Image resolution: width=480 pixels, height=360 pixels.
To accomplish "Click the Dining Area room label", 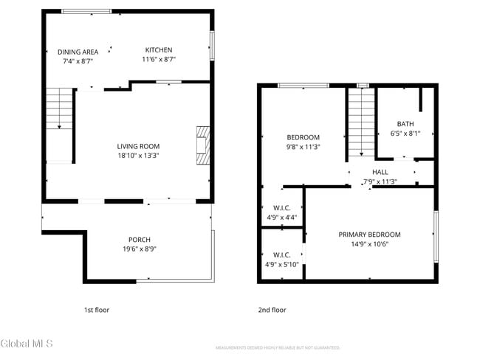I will [x=78, y=52].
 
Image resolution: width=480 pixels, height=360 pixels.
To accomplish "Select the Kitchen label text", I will [x=159, y=49].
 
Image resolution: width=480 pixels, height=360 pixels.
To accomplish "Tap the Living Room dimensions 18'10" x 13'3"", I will [x=138, y=156].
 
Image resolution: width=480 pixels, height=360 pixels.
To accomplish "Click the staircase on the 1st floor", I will [x=60, y=125].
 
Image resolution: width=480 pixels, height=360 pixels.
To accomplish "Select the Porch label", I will [x=140, y=239].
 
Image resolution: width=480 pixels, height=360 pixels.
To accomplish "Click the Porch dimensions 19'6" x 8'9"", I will [x=140, y=249].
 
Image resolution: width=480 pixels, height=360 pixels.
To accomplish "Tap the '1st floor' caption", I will [x=96, y=310].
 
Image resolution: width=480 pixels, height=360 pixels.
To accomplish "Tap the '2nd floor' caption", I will [x=272, y=310].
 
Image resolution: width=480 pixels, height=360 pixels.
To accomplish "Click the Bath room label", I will [x=405, y=124].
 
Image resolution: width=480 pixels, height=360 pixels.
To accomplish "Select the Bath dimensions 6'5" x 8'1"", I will [x=405, y=134].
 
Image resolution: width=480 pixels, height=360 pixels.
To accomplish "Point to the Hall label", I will [x=380, y=172].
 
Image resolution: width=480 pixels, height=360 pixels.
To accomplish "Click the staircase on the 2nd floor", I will [x=361, y=122].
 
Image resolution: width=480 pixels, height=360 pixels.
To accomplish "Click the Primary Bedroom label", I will [x=369, y=235].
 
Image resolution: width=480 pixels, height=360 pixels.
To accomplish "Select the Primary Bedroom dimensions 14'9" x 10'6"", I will [x=369, y=244].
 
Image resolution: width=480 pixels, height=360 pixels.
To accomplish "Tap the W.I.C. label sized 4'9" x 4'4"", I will [x=281, y=208].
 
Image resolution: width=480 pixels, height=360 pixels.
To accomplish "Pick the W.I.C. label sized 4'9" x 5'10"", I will [x=281, y=255].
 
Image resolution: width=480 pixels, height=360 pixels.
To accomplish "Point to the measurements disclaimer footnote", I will [x=277, y=347].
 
